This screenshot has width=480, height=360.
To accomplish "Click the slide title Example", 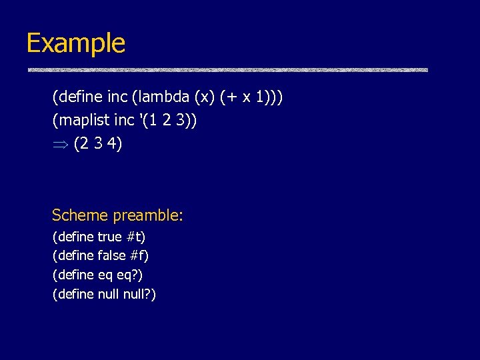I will [x=75, y=43].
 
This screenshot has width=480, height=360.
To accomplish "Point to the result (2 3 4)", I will [x=97, y=143].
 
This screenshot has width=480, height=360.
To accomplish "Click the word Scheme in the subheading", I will [x=80, y=215].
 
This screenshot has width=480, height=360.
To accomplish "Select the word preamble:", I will [x=148, y=215].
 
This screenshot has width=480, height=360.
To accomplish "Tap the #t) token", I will [x=135, y=237].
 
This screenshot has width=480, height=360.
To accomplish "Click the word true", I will [x=109, y=237].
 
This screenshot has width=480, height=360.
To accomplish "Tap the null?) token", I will [x=140, y=294].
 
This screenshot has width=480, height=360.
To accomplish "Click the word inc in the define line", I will [x=117, y=98].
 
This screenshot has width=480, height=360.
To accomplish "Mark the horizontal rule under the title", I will [x=227, y=70].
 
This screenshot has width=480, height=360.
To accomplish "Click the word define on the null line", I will [x=75, y=294].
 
